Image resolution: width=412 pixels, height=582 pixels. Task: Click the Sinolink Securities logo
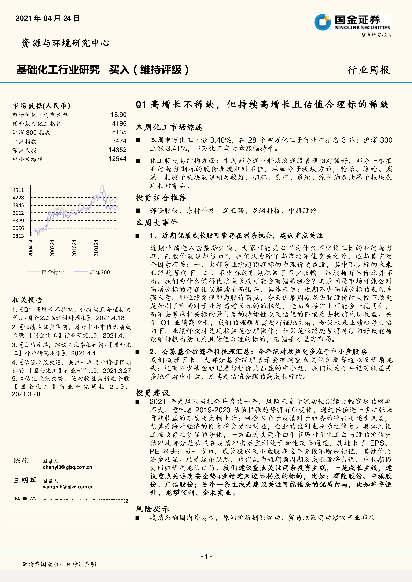(352, 23)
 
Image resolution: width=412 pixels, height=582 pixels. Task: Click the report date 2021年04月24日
(47, 18)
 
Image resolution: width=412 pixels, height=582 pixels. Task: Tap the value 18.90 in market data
(119, 115)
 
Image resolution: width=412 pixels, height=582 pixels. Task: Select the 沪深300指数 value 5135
(119, 132)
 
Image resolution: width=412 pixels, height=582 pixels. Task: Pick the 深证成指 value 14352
(118, 150)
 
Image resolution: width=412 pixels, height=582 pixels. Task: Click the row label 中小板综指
(28, 159)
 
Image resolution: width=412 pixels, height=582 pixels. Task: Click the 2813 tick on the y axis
(18, 236)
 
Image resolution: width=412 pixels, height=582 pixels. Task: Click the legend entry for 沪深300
(99, 272)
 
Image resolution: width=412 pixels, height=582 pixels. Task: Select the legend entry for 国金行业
(53, 272)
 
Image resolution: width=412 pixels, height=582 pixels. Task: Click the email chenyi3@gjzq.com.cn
(68, 467)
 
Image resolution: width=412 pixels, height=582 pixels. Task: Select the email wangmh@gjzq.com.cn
(68, 487)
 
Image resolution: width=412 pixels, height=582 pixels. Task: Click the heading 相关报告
(27, 300)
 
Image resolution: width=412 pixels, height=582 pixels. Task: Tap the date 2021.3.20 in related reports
(26, 394)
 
